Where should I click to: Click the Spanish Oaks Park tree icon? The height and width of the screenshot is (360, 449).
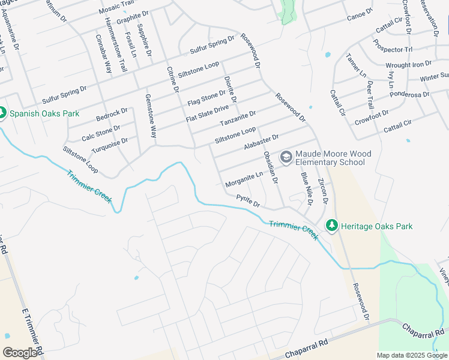click(x=2, y=113)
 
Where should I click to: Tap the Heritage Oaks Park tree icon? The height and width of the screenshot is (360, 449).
click(x=331, y=226)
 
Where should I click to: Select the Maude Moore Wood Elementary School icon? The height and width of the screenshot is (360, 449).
click(x=286, y=158)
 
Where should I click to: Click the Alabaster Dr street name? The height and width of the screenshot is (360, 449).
click(x=261, y=142)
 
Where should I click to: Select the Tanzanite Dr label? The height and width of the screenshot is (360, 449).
click(x=238, y=118)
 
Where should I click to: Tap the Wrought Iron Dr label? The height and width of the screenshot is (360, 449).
click(x=408, y=64)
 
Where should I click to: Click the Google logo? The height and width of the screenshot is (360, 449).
click(x=20, y=353)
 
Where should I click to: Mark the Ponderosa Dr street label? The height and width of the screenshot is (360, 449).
click(x=409, y=94)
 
